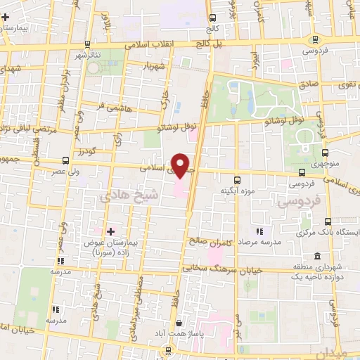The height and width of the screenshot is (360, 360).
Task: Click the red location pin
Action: pyautogui.click(x=181, y=166)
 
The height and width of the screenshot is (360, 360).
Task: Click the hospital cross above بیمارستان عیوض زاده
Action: pyautogui.click(x=110, y=231)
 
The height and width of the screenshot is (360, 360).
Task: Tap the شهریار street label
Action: pyautogui.click(x=154, y=67)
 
